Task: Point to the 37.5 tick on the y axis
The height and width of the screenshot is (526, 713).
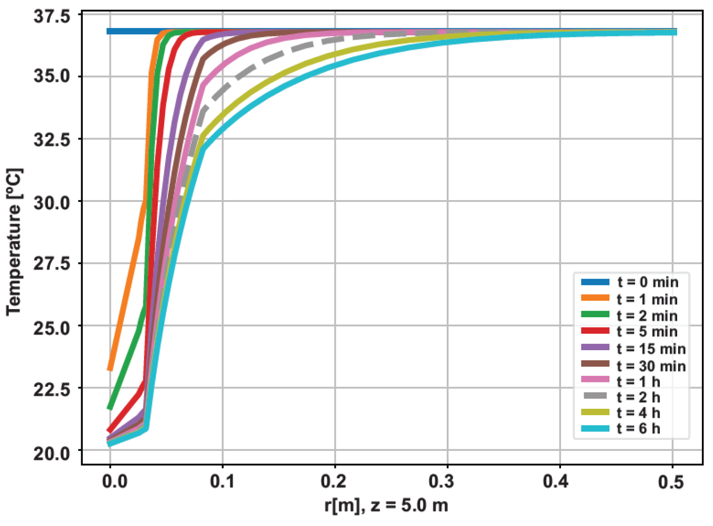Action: [52, 16]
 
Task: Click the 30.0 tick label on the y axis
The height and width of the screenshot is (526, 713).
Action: [52, 202]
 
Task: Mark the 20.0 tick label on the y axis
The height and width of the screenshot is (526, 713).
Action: [52, 453]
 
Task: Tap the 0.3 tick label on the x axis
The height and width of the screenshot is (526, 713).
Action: [447, 481]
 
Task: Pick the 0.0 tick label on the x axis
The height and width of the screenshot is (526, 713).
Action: [115, 481]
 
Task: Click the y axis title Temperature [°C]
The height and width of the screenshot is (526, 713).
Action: [15, 242]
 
